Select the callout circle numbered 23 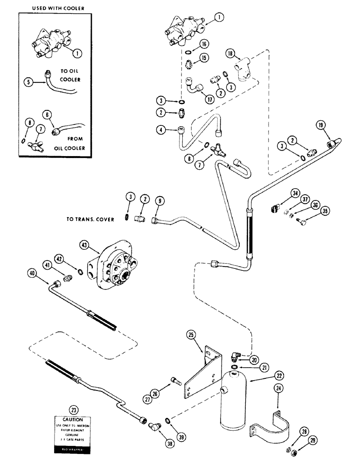click(73, 410)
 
